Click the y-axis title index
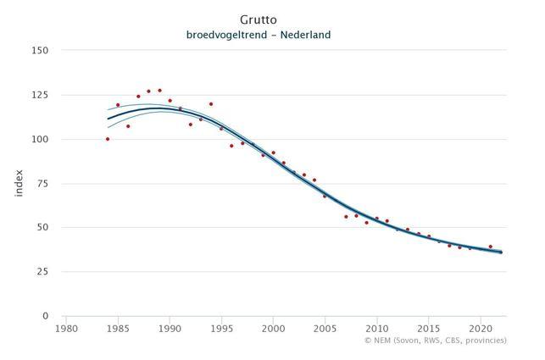pyautogui.click(x=19, y=183)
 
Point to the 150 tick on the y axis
pyautogui.click(x=40, y=50)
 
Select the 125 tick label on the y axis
pyautogui.click(x=40, y=95)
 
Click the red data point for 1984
pyautogui.click(x=108, y=139)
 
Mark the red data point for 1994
pyautogui.click(x=211, y=104)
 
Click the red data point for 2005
pyautogui.click(x=325, y=197)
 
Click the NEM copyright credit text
pyautogui.click(x=435, y=341)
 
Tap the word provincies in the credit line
pyautogui.click(x=487, y=341)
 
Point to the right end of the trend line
pyautogui.click(x=501, y=252)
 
